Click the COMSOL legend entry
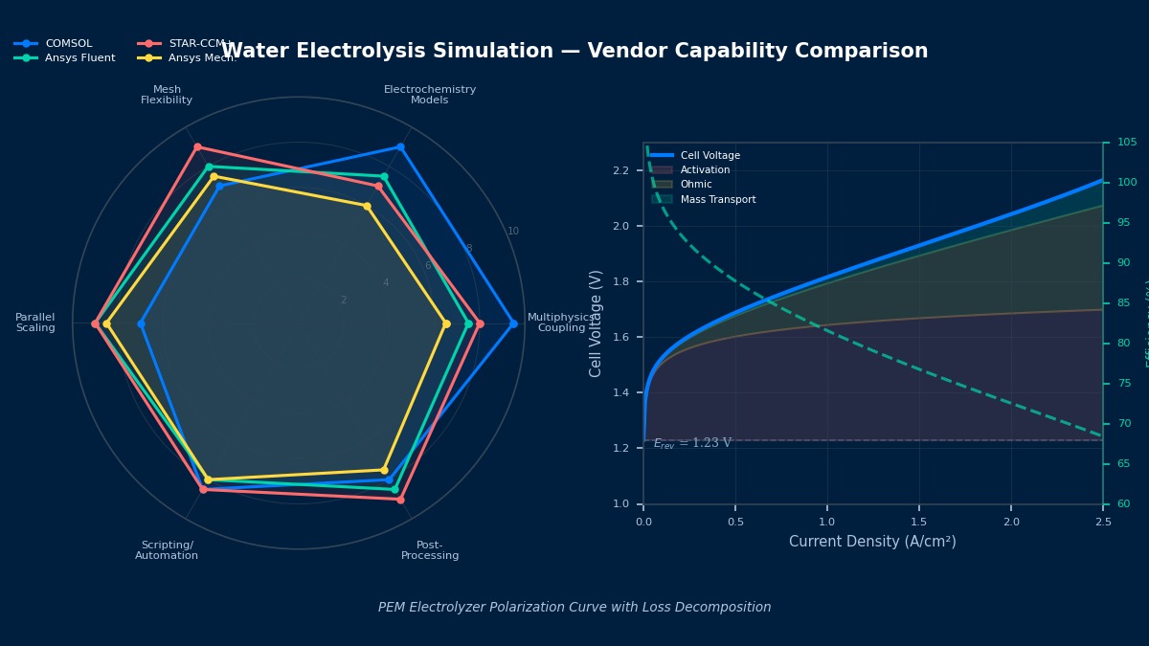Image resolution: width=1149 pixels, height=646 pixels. coord(68,44)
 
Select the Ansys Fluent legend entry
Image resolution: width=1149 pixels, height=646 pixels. coord(79,58)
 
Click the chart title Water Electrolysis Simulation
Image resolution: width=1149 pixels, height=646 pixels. coord(574,52)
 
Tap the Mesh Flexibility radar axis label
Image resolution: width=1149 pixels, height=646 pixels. coord(167,95)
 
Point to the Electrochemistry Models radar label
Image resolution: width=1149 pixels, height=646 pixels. coord(430,95)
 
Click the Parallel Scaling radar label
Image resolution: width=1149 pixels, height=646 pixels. coord(35,323)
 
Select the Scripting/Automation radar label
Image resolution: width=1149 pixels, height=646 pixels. coord(167,550)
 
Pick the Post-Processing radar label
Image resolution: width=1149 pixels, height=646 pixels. coord(430,550)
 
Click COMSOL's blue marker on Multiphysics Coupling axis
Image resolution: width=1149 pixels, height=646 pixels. coord(513,323)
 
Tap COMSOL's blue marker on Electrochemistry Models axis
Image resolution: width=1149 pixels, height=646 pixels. coord(400,147)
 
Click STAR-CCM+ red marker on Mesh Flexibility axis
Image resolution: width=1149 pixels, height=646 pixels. coord(197,147)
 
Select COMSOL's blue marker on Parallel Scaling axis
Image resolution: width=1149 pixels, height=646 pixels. coord(141,323)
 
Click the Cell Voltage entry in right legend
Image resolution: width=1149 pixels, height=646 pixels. coord(710,155)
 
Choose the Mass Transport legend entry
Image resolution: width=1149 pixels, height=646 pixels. coord(717,200)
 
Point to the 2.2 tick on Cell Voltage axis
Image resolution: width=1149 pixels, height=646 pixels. coord(620,171)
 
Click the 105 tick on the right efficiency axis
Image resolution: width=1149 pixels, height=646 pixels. coord(1126,143)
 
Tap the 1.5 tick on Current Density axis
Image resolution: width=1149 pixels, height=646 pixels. coord(919,522)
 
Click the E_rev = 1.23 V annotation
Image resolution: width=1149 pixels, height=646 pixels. coord(692,443)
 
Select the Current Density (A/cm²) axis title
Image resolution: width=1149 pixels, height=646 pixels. coord(872,542)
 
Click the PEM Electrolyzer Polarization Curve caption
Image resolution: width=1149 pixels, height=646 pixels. coord(574,608)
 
